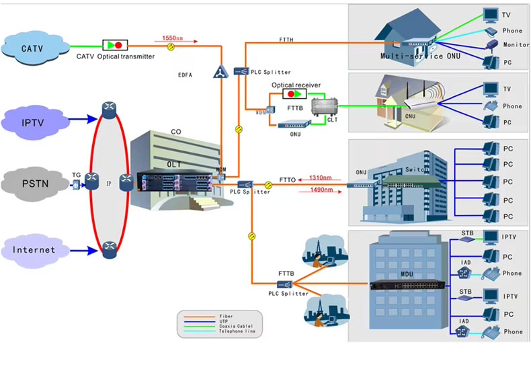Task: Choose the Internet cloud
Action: tap(33, 250)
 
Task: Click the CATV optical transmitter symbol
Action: tap(115, 45)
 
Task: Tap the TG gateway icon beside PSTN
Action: tap(77, 183)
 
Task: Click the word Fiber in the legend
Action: tap(227, 315)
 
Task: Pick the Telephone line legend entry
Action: tap(235, 331)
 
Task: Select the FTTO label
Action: tap(287, 180)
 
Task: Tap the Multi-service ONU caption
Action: tap(412, 57)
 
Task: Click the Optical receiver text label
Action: tap(296, 85)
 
